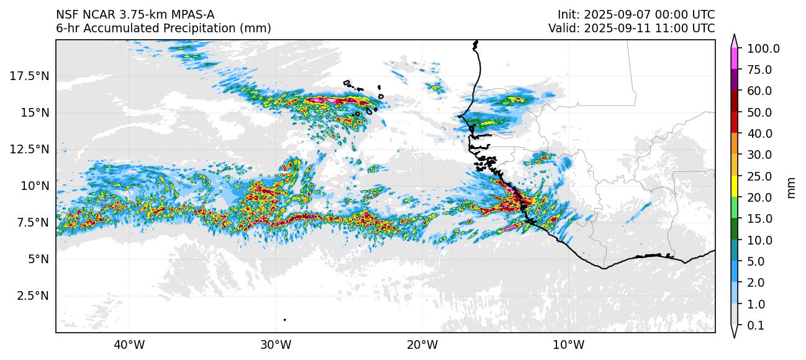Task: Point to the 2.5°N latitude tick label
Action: pos(33,295)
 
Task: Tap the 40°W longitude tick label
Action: pos(129,344)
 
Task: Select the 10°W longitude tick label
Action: pos(568,344)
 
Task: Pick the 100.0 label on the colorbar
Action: pos(763,48)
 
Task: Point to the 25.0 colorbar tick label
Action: pos(759,176)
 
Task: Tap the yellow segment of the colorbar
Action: pos(734,187)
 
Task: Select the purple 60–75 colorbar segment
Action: pos(734,80)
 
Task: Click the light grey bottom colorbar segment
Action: pos(734,315)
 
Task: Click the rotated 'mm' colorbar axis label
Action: pos(791,187)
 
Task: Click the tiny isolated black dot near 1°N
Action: pos(284,320)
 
